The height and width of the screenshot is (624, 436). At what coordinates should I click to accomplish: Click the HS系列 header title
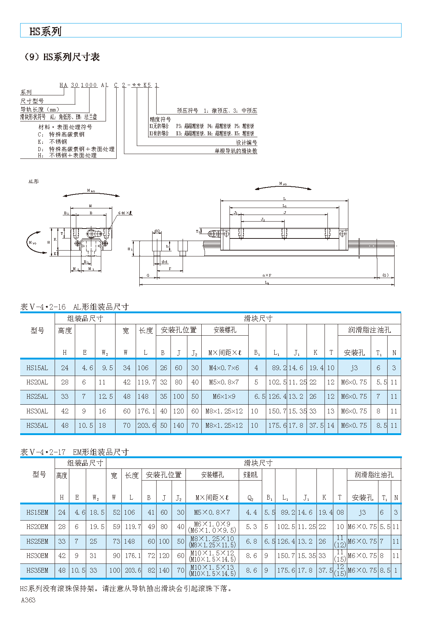45,32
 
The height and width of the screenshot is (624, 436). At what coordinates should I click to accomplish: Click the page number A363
28,600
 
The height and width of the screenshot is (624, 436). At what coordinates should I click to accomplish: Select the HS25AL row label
37,397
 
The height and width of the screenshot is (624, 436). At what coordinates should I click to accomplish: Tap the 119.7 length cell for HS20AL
146,382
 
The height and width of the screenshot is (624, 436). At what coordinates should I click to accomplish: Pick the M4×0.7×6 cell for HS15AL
224,368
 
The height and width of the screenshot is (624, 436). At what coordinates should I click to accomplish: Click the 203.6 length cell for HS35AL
146,426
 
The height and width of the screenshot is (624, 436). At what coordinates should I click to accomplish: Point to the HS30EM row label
37,556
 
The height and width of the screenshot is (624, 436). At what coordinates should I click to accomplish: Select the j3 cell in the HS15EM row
362,512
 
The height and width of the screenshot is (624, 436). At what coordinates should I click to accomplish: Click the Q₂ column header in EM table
250,498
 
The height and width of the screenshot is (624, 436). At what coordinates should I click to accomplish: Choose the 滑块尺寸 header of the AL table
258,318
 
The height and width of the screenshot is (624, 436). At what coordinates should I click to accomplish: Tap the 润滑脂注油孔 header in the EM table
374,475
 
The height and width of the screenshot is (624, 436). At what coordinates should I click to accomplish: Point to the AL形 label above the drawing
33,182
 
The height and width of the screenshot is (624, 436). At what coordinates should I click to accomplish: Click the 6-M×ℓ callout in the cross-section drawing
125,213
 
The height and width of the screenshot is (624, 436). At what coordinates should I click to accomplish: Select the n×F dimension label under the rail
267,275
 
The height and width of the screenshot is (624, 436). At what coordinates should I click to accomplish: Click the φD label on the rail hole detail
157,231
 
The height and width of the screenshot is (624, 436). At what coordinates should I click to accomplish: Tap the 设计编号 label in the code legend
246,143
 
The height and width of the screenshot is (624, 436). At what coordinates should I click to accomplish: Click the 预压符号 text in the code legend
187,111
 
